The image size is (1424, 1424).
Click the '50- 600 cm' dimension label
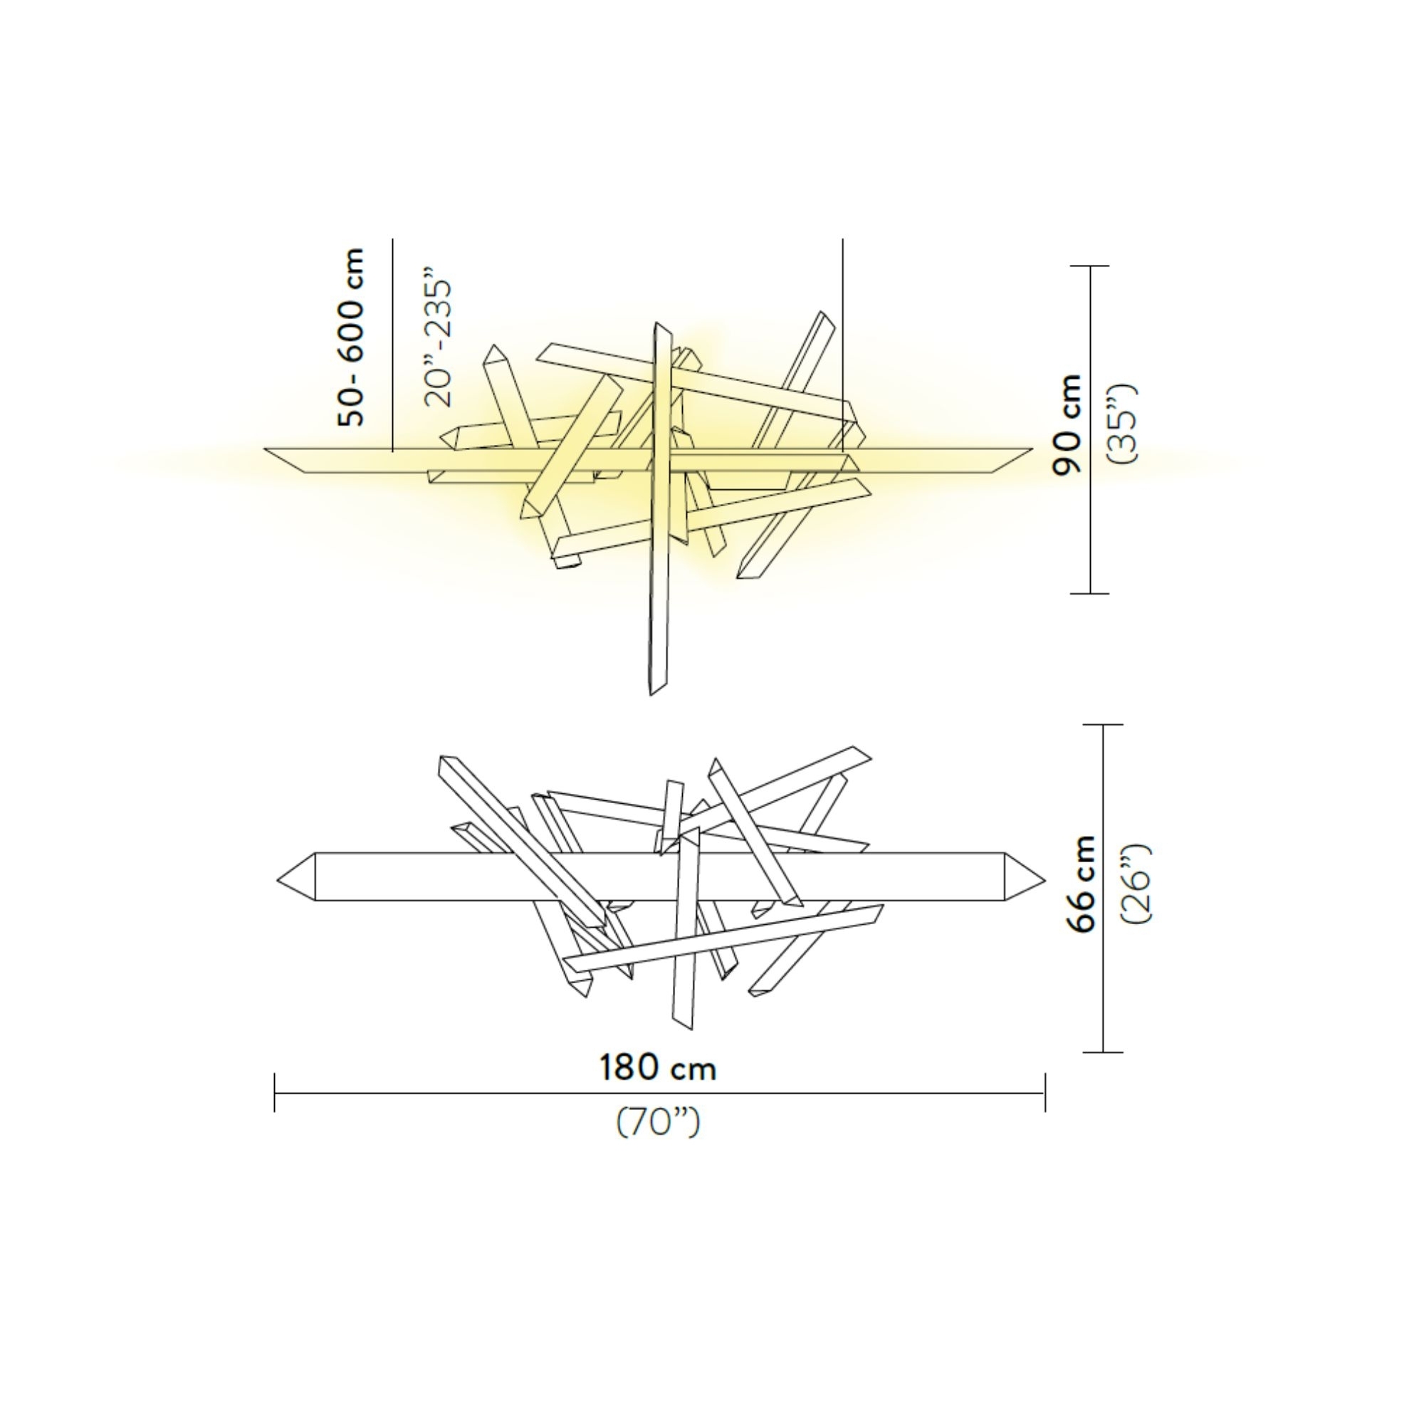click(x=351, y=337)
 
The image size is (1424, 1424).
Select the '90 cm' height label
click(x=1068, y=425)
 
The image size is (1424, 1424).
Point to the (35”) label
click(x=1124, y=423)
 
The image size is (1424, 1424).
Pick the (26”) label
click(x=1136, y=883)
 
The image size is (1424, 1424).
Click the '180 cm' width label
click(x=657, y=1067)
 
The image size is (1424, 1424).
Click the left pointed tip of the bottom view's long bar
click(x=278, y=879)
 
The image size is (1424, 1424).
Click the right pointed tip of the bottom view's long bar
click(x=1045, y=879)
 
